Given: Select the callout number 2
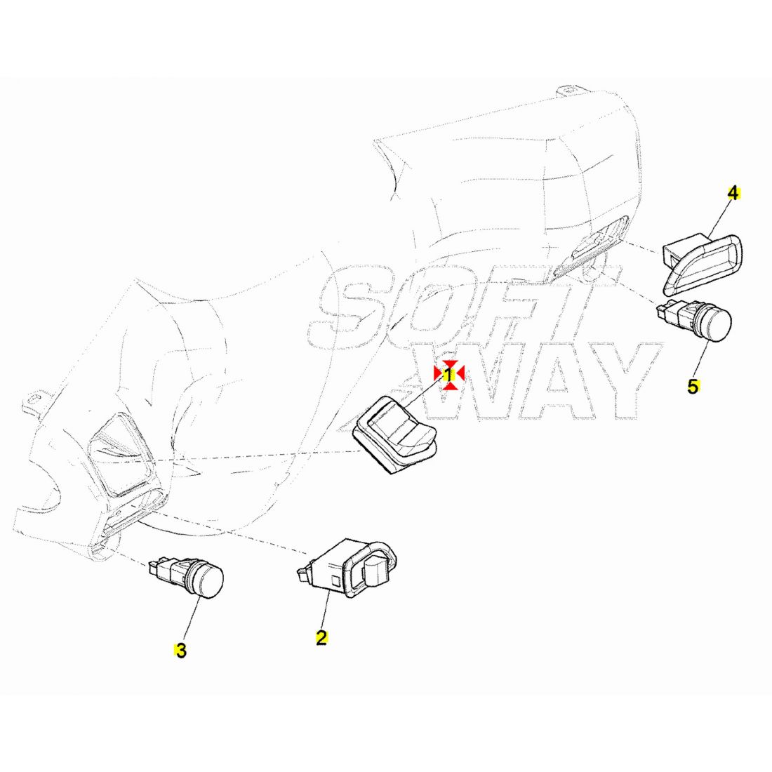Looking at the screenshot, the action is (321, 637).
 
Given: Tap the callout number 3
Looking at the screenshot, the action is (180, 651).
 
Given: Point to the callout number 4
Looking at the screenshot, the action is (733, 194).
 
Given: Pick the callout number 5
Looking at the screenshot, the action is (693, 387).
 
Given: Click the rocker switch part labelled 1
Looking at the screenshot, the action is (397, 434).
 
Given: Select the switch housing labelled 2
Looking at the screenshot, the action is (348, 568).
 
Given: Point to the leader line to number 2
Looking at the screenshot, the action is (325, 608).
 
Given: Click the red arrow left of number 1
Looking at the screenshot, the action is (438, 373).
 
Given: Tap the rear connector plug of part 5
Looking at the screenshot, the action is (665, 310).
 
